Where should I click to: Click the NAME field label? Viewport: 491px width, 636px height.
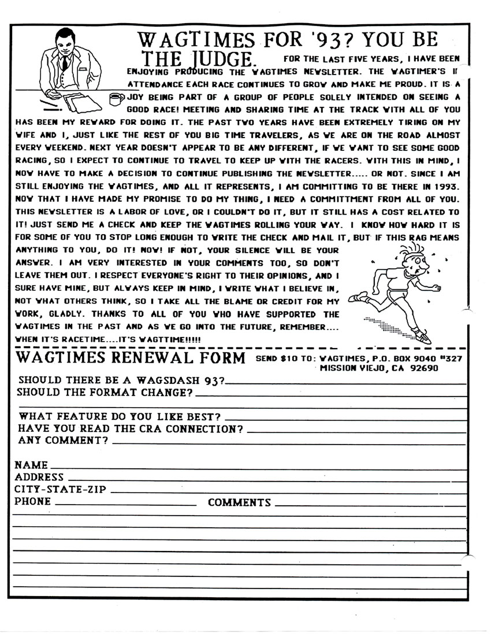coord(31,465)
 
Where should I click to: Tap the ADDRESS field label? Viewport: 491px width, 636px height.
coord(39,477)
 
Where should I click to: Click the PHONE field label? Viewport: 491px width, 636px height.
coord(33,501)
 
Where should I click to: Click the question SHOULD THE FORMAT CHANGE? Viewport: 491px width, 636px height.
coord(106,393)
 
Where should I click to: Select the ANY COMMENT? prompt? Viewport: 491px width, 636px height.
coord(64,441)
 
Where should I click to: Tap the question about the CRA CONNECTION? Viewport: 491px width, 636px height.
coord(131,429)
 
